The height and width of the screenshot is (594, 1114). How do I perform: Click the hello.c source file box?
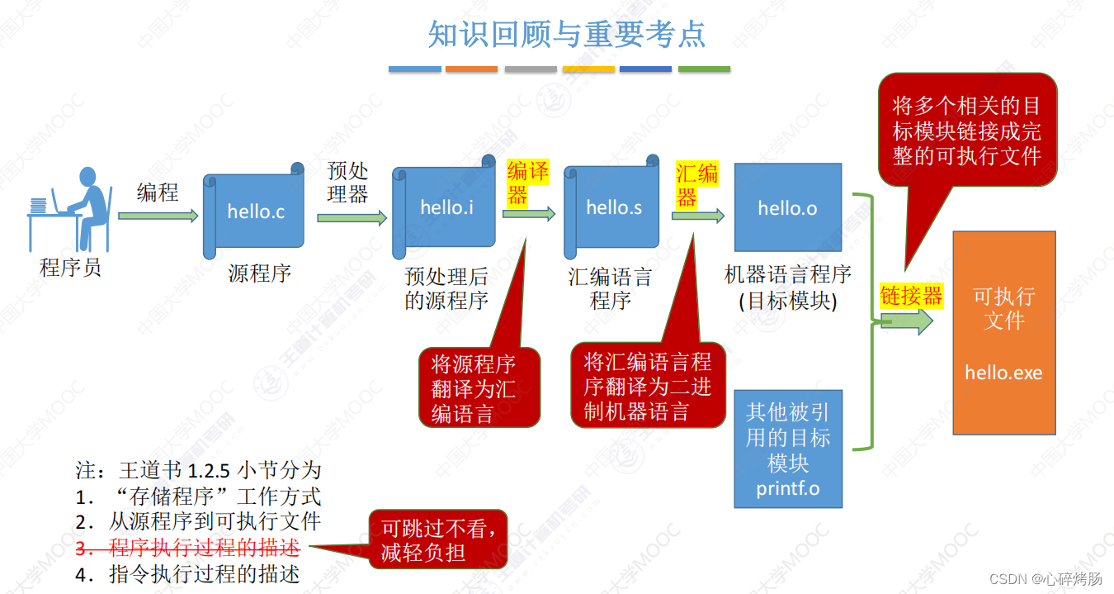(255, 212)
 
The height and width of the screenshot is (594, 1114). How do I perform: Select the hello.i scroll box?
(446, 208)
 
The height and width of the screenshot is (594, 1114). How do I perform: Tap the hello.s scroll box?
(613, 208)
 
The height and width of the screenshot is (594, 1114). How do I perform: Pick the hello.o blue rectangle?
(787, 208)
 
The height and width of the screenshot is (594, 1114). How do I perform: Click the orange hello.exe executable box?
(1003, 332)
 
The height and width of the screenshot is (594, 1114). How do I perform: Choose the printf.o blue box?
(787, 449)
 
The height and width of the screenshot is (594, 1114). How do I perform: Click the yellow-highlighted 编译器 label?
(527, 183)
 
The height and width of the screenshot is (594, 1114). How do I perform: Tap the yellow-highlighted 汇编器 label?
(697, 184)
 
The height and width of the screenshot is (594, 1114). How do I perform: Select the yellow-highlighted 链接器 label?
(911, 296)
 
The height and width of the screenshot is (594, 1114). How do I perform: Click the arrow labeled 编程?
(158, 216)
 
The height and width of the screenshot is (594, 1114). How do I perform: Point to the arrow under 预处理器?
(352, 217)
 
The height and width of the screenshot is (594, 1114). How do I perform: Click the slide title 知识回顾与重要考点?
(567, 34)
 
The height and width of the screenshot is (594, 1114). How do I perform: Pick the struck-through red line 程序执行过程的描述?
(204, 548)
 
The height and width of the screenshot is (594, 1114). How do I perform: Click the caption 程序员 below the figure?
(70, 268)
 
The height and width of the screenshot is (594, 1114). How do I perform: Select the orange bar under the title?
(471, 69)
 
